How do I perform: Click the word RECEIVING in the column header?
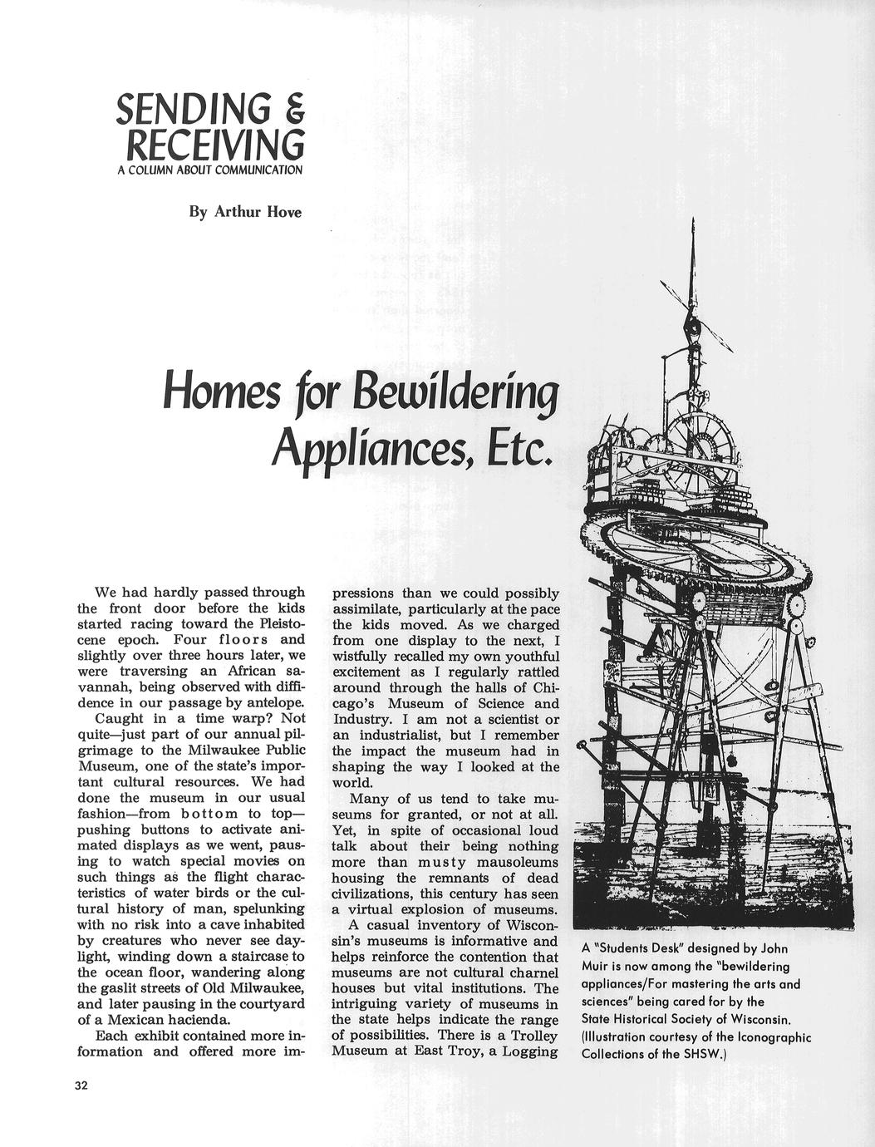pos(213,145)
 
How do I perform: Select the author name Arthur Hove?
pos(258,212)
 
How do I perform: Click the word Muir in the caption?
pos(598,967)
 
